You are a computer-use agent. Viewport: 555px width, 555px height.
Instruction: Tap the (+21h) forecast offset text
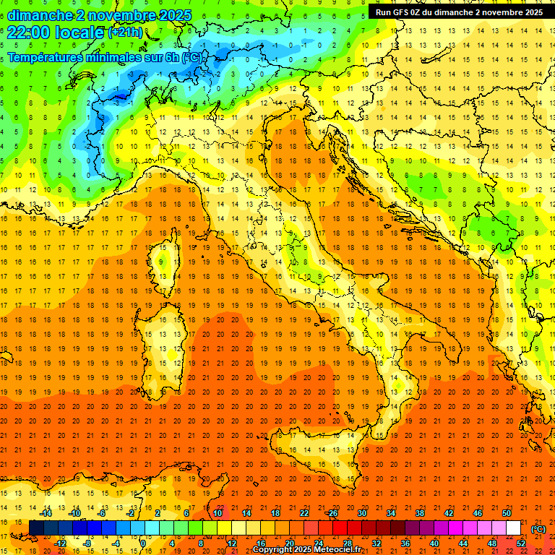[125, 33]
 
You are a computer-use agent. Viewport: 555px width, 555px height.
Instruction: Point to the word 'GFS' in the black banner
[403, 12]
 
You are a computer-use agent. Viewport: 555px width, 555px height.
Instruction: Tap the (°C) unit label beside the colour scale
[538, 529]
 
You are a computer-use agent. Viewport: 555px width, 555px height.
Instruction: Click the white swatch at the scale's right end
[513, 528]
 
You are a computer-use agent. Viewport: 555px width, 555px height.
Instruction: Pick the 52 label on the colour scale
[521, 543]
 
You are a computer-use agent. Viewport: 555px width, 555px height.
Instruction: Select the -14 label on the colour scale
[46, 513]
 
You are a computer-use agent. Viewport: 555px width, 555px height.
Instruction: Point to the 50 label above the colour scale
[507, 513]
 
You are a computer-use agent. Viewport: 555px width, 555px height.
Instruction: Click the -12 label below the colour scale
[60, 543]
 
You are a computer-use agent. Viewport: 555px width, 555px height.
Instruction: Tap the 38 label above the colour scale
[420, 513]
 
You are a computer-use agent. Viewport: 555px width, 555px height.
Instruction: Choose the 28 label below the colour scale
[348, 543]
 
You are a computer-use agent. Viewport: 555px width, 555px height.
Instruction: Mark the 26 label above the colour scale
[332, 513]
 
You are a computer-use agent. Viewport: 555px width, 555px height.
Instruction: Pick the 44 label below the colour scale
[463, 543]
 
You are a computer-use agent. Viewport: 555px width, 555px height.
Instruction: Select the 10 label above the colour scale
[218, 513]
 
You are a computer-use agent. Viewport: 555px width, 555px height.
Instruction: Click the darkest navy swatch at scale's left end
[36, 528]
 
